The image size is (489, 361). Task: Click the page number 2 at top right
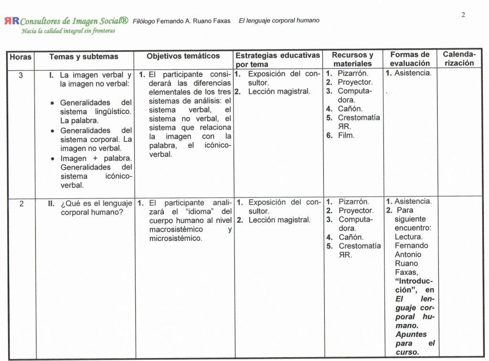tap(463, 15)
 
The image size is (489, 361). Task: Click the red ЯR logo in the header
tap(11, 21)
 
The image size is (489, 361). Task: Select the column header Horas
tap(21, 57)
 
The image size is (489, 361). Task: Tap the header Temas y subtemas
tap(84, 56)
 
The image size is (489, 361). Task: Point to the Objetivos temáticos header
tap(183, 56)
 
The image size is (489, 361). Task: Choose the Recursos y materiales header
tap(352, 59)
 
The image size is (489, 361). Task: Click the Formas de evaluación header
tap(410, 59)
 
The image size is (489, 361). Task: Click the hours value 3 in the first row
tap(21, 75)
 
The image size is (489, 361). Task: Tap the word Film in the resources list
tap(346, 135)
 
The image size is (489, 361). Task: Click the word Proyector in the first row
tap(355, 82)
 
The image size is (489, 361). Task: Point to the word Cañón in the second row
tap(351, 237)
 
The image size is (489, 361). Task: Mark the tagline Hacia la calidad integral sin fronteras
tap(68, 31)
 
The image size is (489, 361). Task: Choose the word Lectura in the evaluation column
tap(408, 237)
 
